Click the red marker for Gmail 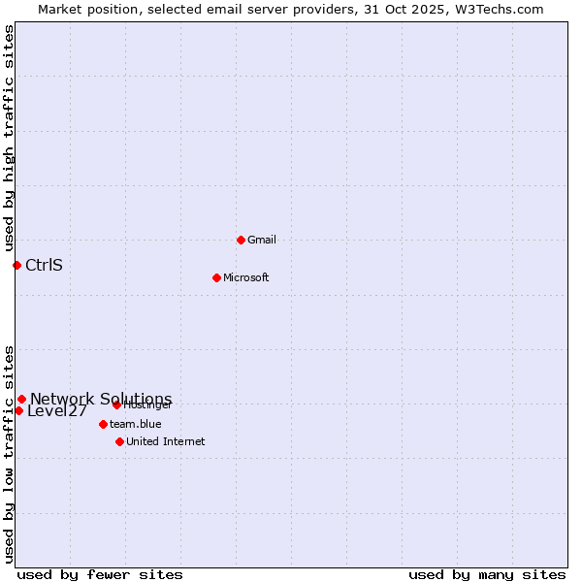[x=241, y=240]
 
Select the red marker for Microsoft [x=217, y=277]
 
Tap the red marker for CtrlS [x=16, y=265]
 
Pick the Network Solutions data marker [x=21, y=399]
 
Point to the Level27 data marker [x=18, y=410]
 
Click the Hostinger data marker [x=116, y=404]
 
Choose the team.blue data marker [x=103, y=424]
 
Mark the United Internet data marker [x=119, y=441]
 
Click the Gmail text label [x=262, y=240]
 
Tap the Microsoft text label [x=245, y=277]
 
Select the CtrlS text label [x=44, y=265]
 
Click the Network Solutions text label [x=101, y=399]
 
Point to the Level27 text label [x=57, y=411]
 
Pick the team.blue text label [x=136, y=424]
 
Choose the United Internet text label [x=166, y=441]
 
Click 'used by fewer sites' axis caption [x=100, y=574]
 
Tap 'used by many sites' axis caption [x=487, y=574]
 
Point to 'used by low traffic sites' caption [x=9, y=454]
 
